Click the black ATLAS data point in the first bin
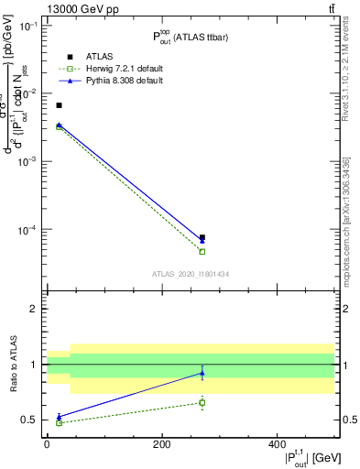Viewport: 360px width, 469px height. (59, 105)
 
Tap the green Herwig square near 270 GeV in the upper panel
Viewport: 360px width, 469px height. (202, 251)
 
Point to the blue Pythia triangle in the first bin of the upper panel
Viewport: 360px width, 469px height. (59, 125)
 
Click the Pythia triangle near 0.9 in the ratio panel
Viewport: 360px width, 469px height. (202, 373)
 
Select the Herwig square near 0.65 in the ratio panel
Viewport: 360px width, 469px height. (202, 402)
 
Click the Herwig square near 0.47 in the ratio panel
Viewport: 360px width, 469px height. (59, 422)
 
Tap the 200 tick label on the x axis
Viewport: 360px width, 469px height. (162, 444)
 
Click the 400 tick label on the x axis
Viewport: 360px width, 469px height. (278, 444)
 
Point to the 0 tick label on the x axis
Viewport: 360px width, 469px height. (47, 444)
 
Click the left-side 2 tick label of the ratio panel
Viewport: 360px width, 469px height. (36, 309)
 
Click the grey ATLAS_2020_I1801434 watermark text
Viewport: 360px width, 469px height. (191, 274)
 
